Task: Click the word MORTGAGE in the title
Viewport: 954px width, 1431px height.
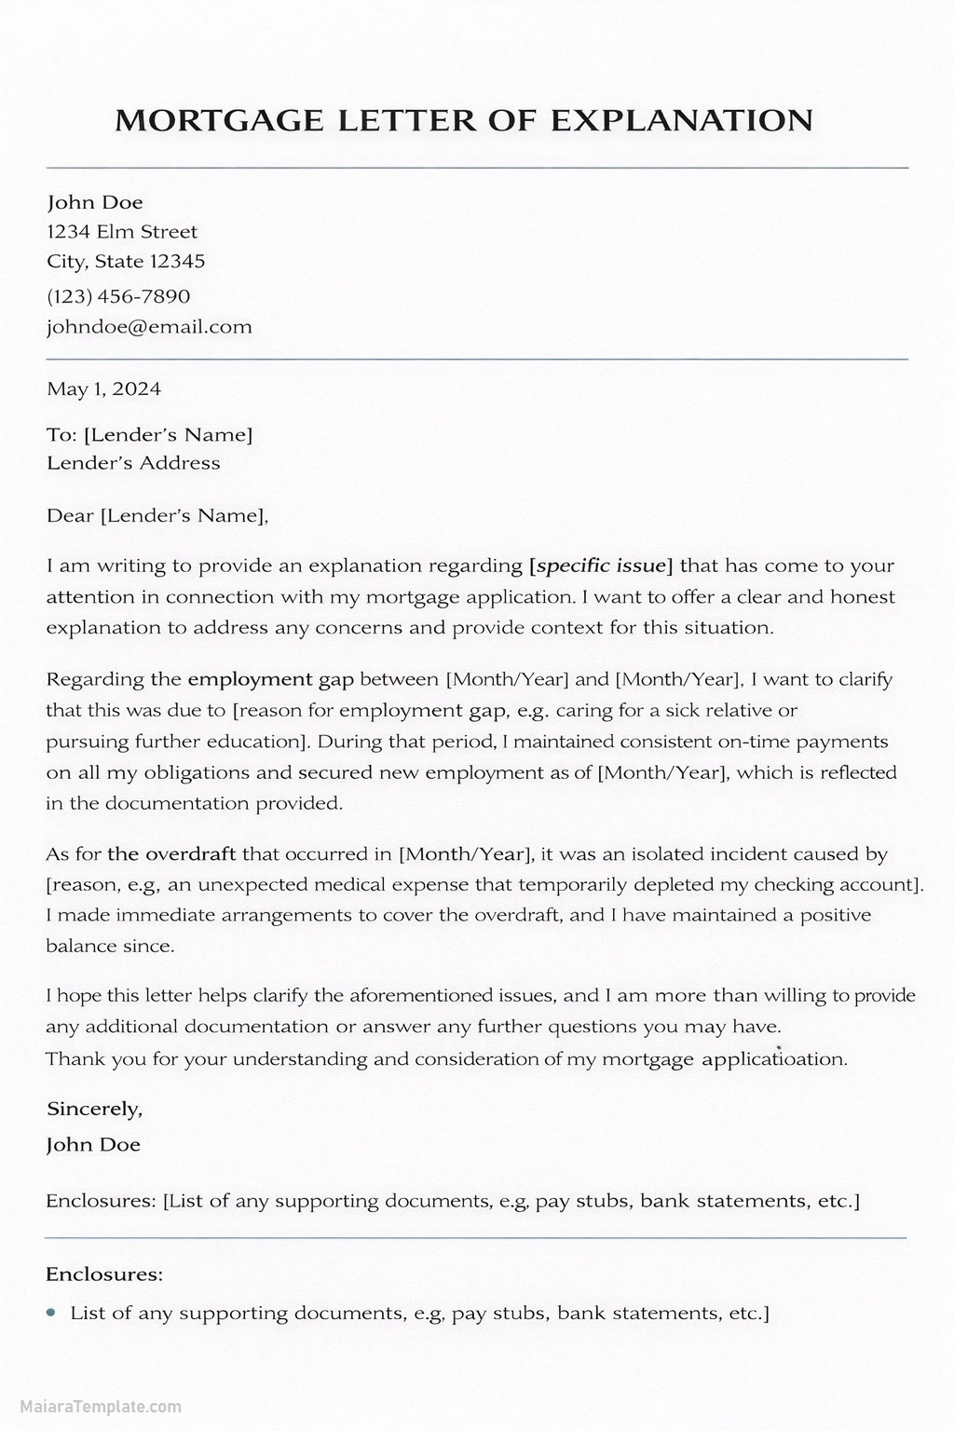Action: (219, 121)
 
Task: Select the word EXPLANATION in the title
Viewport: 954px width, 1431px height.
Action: (681, 121)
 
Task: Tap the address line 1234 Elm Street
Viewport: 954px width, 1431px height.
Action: (122, 232)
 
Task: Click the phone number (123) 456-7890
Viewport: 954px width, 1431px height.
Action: (118, 297)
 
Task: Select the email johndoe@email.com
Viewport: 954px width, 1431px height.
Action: (149, 327)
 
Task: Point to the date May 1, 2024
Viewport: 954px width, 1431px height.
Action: (103, 389)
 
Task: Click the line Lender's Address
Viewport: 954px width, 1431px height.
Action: (133, 463)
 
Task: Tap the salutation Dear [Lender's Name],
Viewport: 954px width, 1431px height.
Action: (157, 516)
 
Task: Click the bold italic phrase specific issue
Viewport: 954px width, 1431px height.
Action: (601, 566)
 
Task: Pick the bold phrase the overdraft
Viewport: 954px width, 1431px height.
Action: (171, 853)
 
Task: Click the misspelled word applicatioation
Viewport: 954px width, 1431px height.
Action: (773, 1059)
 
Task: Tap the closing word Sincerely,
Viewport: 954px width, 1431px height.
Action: (94, 1109)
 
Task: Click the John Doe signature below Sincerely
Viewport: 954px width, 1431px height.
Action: (93, 1145)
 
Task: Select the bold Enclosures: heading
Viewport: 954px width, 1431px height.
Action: (104, 1274)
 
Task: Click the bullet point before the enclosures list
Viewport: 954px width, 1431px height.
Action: (51, 1313)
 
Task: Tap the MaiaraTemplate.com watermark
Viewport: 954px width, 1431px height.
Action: (91, 1408)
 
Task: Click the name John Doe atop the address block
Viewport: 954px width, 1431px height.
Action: (95, 203)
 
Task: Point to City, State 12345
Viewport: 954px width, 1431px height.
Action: (126, 262)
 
